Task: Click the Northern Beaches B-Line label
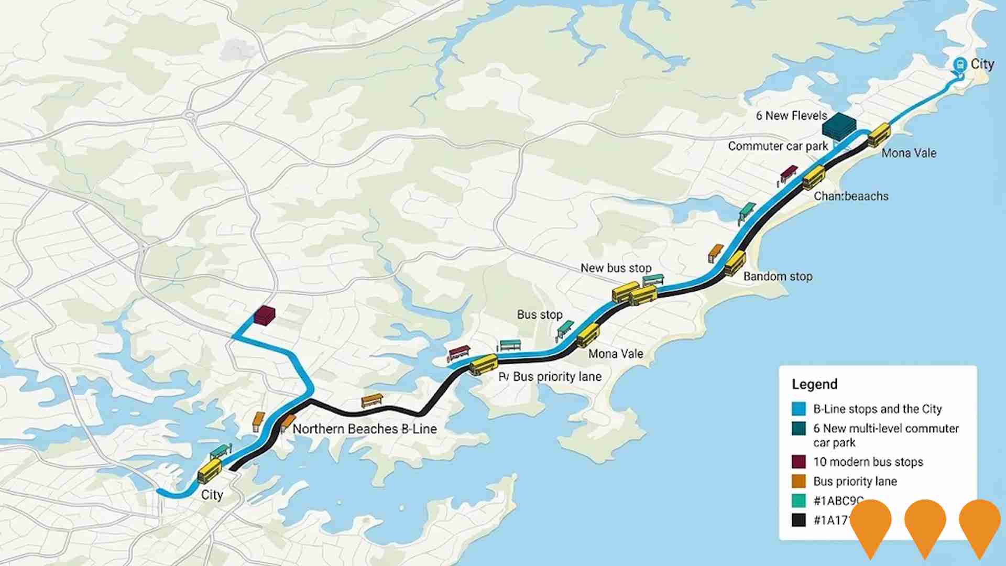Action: (x=364, y=429)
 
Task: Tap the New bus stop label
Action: (x=616, y=268)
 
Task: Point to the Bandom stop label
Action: (x=778, y=276)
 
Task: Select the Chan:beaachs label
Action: (x=851, y=196)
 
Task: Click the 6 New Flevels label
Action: (x=791, y=116)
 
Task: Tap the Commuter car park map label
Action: (x=778, y=146)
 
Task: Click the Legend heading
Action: (x=814, y=384)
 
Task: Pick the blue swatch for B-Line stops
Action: (x=799, y=409)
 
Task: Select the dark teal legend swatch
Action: (x=799, y=429)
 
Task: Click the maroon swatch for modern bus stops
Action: (x=799, y=462)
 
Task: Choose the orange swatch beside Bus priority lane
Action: (x=799, y=481)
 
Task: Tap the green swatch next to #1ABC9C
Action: (x=799, y=500)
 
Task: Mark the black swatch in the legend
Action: (x=799, y=520)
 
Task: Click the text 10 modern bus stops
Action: (x=868, y=462)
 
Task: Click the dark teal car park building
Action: (x=839, y=126)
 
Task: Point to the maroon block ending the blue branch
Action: (x=264, y=315)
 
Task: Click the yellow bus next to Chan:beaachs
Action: (x=814, y=177)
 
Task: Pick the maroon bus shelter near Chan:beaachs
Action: (x=788, y=173)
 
